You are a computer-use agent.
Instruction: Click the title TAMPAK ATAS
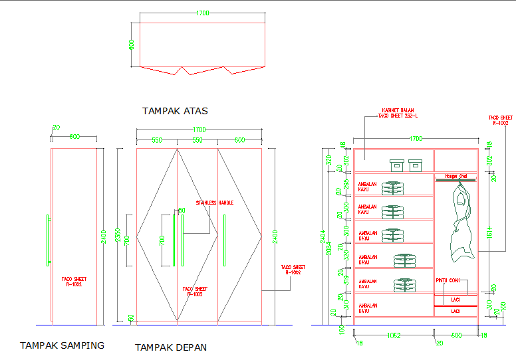coord(175,111)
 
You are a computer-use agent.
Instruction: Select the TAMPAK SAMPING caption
coord(62,345)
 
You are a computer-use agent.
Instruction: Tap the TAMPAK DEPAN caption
coord(171,347)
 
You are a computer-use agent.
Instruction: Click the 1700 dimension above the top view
coord(203,13)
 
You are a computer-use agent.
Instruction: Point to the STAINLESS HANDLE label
coord(215,203)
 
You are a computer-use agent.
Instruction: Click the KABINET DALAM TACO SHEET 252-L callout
coord(398,114)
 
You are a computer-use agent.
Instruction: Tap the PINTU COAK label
coord(448,280)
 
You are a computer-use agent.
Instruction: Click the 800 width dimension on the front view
coord(239,140)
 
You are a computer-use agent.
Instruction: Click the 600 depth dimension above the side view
coord(74,137)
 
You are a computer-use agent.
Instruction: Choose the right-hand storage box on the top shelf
coord(416,165)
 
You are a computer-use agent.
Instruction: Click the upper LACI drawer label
coord(455,300)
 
